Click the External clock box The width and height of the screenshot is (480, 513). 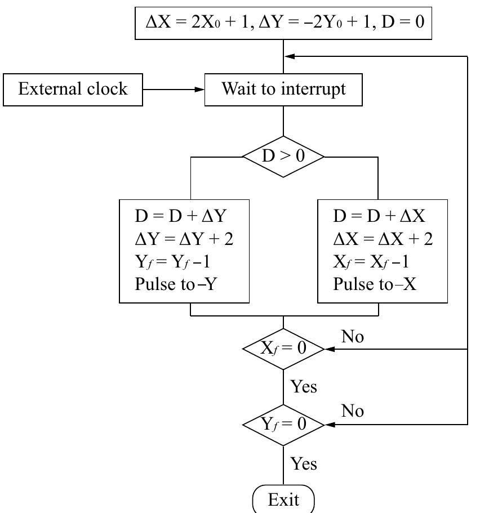[73, 90]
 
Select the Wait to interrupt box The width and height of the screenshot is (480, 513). [283, 90]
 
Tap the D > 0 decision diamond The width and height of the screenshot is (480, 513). [283, 157]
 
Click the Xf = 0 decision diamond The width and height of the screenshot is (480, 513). [283, 349]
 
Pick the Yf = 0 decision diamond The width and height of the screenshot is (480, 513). [283, 423]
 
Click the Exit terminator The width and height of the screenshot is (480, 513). [283, 499]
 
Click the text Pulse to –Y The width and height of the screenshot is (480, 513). [176, 284]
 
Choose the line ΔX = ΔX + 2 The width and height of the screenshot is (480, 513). [383, 239]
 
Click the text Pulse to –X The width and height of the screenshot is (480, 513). [375, 284]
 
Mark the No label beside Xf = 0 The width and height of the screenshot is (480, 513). [353, 337]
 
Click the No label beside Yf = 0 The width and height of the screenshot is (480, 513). [353, 412]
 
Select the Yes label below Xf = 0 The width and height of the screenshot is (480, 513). [304, 387]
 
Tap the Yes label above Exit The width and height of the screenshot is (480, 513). [304, 464]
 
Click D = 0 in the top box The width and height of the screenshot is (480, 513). [408, 23]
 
